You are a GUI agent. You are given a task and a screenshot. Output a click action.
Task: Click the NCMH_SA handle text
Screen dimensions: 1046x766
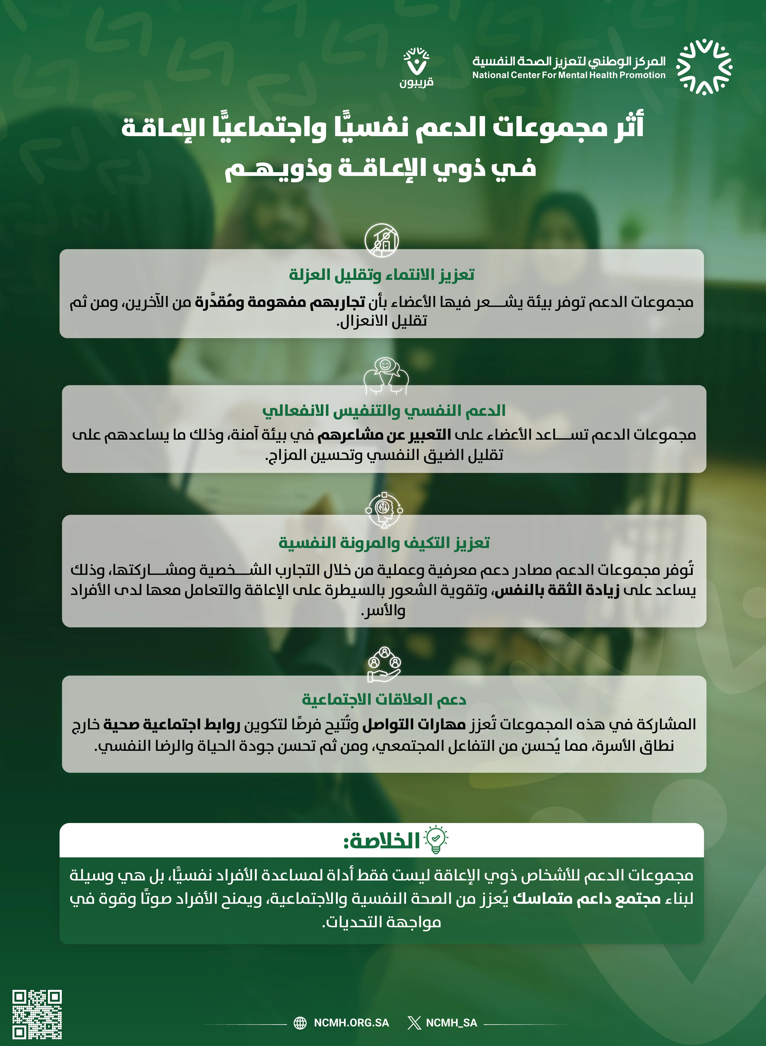tap(451, 1022)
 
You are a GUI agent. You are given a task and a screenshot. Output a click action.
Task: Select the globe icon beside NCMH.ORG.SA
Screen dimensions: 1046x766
tap(300, 1023)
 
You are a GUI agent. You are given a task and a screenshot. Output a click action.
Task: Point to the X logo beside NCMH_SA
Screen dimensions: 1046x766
tap(414, 1023)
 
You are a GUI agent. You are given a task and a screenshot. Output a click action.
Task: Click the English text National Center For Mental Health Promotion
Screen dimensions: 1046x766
tap(569, 75)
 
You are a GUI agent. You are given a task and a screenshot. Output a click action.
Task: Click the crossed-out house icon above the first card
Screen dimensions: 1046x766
tap(381, 240)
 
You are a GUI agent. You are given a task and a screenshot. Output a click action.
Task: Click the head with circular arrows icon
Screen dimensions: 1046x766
tap(384, 510)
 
